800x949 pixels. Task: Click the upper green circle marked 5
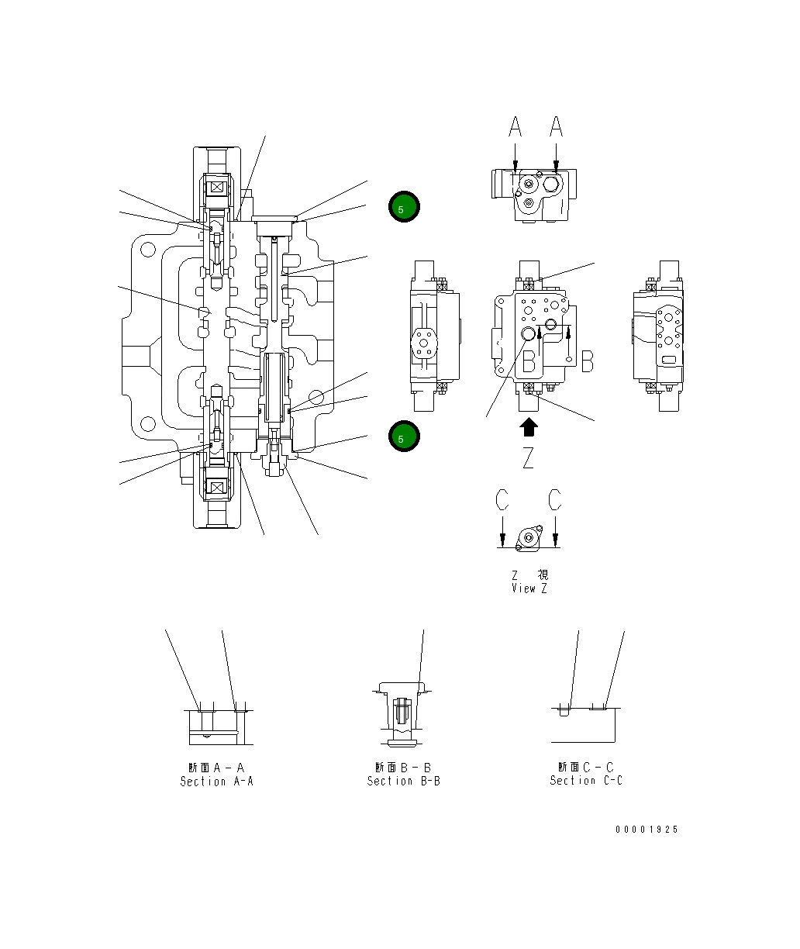[x=403, y=207]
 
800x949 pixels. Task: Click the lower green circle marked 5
[x=403, y=437]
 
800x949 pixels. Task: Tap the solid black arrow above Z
[x=528, y=427]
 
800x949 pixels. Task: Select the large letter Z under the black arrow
[x=528, y=458]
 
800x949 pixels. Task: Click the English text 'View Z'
[x=529, y=588]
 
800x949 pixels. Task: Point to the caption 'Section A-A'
[x=216, y=781]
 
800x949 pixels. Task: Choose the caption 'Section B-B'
[x=403, y=781]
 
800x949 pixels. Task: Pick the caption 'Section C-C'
[x=586, y=781]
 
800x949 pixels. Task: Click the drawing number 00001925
[x=647, y=830]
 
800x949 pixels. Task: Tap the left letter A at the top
[x=516, y=126]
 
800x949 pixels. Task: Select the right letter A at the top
[x=557, y=126]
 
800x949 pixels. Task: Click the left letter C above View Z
[x=502, y=501]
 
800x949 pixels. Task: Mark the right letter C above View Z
[x=555, y=501]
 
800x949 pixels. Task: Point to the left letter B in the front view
[x=529, y=361]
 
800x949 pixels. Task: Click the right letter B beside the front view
[x=587, y=361]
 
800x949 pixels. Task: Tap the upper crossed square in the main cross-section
[x=216, y=187]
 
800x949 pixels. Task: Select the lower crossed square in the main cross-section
[x=216, y=488]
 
